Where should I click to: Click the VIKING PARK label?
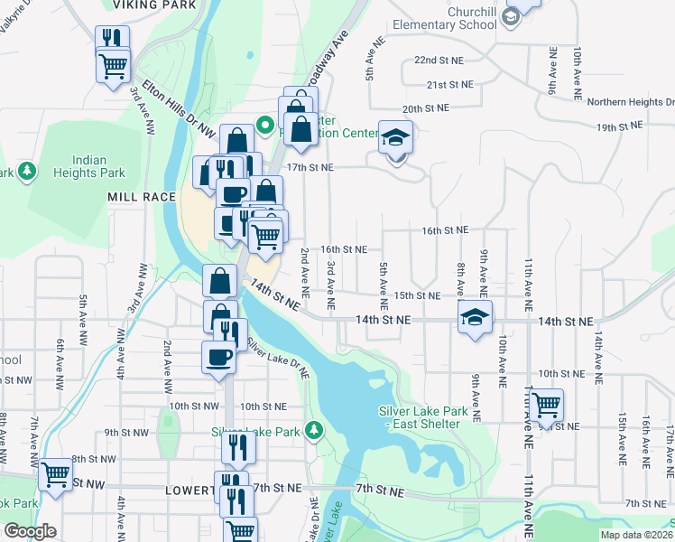tap(166, 5)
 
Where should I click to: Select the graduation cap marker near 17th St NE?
tap(395, 139)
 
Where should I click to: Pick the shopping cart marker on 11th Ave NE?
tap(546, 407)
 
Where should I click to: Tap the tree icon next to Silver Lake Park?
tap(314, 429)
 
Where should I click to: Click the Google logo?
tap(29, 531)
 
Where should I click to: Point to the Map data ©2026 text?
tap(636, 535)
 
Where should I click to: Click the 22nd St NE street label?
tap(437, 60)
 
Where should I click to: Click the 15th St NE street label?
tap(416, 295)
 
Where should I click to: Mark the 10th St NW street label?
tap(193, 406)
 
